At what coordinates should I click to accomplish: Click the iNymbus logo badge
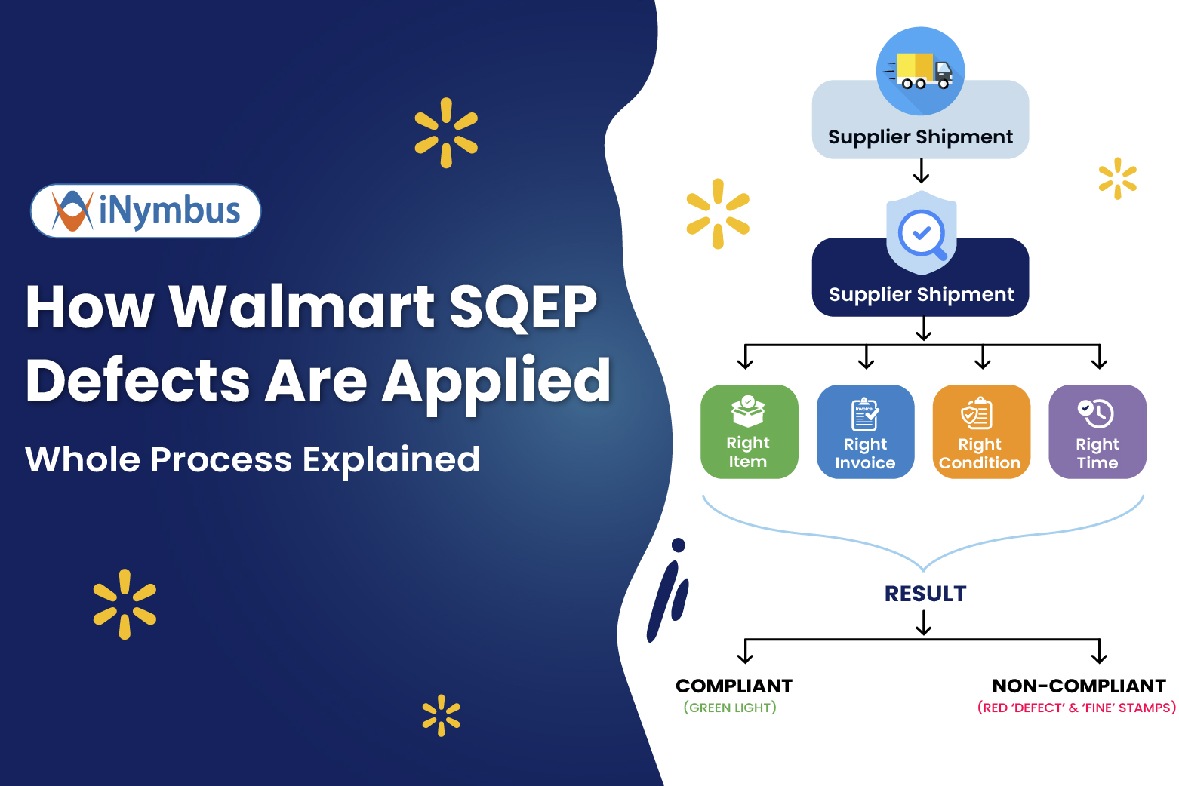point(146,211)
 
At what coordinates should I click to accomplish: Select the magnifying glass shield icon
point(922,233)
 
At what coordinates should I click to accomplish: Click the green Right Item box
point(749,432)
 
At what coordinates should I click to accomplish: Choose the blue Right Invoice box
point(865,432)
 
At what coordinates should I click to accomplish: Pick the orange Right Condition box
point(980,432)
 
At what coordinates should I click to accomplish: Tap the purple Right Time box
point(1097,432)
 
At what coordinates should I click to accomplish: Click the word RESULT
point(925,594)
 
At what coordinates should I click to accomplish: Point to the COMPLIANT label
point(734,686)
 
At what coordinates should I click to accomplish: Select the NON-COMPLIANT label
point(1079,686)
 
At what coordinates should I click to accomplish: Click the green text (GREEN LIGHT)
point(730,708)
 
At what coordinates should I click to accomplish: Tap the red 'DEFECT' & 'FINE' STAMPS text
point(1076,708)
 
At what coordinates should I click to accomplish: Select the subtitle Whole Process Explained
point(252,459)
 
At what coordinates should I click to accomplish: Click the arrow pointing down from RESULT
point(924,623)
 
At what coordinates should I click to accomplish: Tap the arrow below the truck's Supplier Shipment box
point(921,170)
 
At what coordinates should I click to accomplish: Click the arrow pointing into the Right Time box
point(1099,358)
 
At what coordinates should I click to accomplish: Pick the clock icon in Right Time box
point(1095,413)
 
